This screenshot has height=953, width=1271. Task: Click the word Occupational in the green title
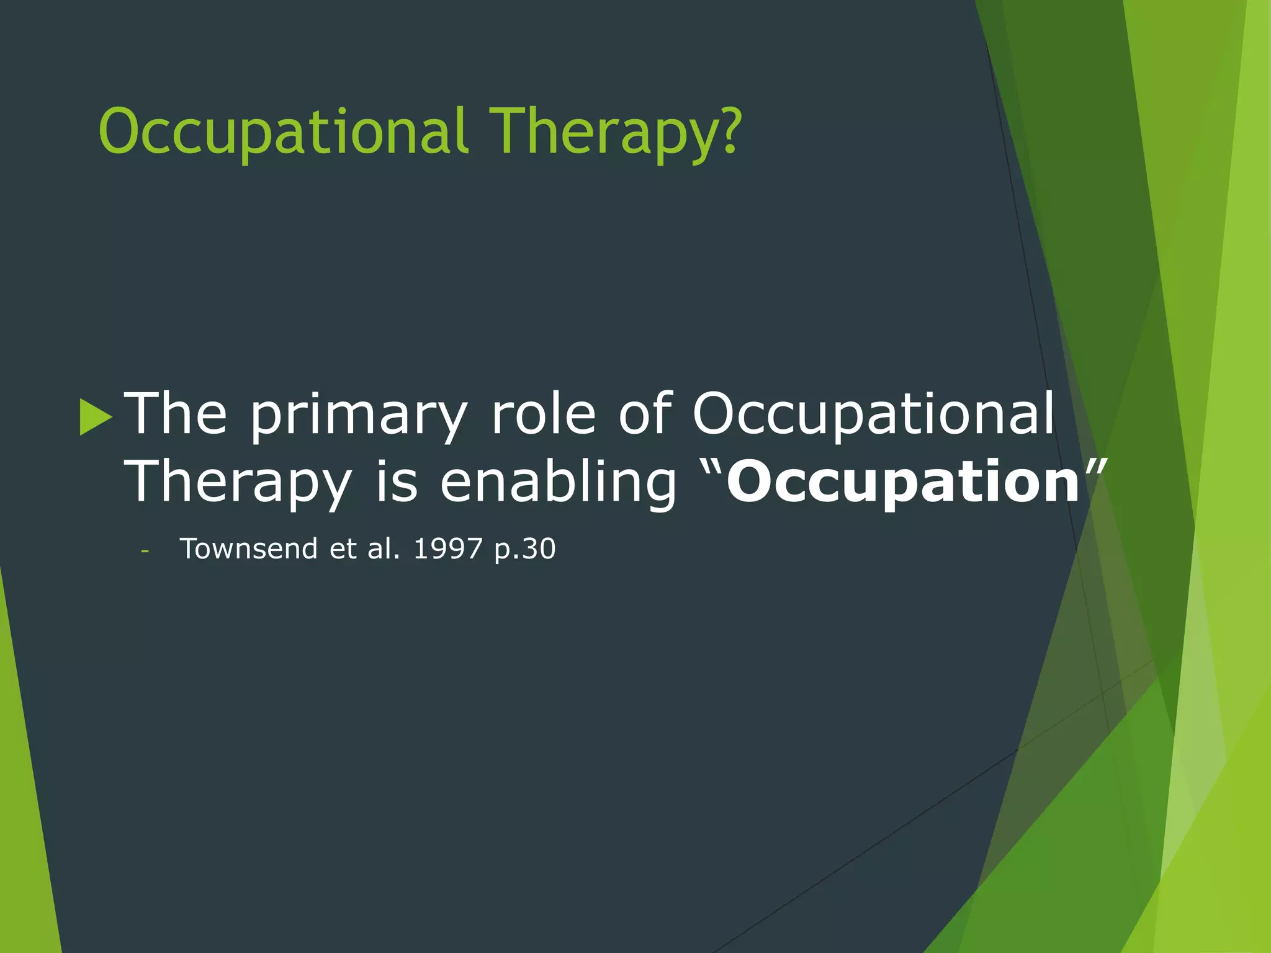282,132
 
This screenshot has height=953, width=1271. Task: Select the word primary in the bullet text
359,414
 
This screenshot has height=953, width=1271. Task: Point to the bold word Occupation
903,483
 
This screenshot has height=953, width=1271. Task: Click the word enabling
558,483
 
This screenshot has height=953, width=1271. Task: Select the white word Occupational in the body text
873,414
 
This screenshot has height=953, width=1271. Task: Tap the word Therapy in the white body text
238,483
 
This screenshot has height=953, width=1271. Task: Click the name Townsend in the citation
248,549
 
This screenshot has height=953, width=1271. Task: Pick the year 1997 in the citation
447,549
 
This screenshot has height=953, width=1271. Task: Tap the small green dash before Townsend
145,551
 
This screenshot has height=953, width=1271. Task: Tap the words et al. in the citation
365,549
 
